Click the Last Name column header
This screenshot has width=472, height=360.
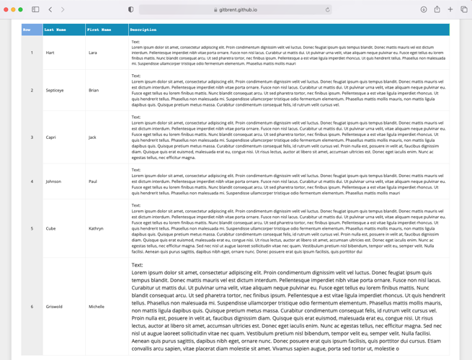(55, 30)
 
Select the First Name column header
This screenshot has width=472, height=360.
(99, 30)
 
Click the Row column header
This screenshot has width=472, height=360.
(27, 30)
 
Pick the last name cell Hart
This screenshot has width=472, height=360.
(50, 53)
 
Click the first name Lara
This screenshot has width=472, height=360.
(92, 53)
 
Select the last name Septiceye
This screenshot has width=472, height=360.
(55, 90)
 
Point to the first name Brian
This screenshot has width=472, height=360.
(94, 90)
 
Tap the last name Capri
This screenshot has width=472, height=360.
(50, 137)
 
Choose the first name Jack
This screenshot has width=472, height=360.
(92, 137)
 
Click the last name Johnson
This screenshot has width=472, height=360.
(53, 181)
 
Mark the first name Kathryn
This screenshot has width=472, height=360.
(96, 228)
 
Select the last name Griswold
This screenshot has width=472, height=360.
(54, 307)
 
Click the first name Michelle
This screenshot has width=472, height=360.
(97, 307)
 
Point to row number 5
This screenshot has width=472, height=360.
(32, 228)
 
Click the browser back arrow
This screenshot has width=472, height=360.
(50, 9)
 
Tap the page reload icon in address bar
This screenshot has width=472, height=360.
(327, 10)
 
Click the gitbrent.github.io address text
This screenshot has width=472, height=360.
(238, 10)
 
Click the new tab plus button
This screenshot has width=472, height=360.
(450, 9)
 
